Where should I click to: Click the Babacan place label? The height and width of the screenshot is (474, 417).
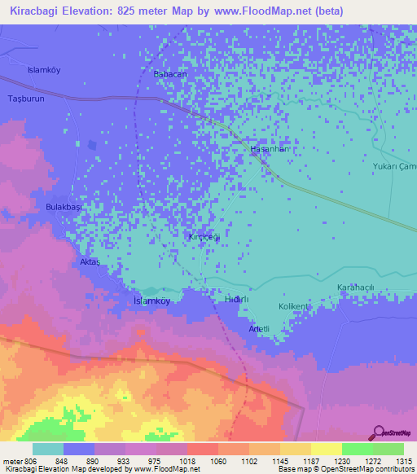pyautogui.click(x=171, y=74)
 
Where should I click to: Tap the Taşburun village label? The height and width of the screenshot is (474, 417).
pyautogui.click(x=24, y=98)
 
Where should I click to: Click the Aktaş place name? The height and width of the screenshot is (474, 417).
pyautogui.click(x=89, y=262)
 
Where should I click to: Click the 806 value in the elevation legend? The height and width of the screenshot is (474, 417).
pyautogui.click(x=27, y=460)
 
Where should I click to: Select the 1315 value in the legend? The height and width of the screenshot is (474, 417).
pyautogui.click(x=403, y=460)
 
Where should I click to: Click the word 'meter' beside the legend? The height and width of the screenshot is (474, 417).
pyautogui.click(x=11, y=460)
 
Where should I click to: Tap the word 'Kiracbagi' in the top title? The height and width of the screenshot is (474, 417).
pyautogui.click(x=33, y=11)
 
